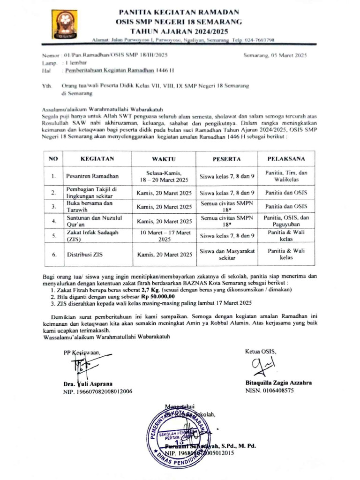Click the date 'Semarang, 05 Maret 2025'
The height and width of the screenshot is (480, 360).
tap(275, 55)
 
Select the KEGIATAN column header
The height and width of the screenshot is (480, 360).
tap(97, 159)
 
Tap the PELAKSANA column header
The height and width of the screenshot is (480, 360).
tap(286, 159)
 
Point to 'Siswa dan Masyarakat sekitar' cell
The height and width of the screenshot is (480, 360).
tap(227, 255)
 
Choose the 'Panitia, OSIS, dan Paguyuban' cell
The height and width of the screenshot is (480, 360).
tap(286, 221)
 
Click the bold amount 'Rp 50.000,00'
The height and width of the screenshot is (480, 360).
tap(159, 297)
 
